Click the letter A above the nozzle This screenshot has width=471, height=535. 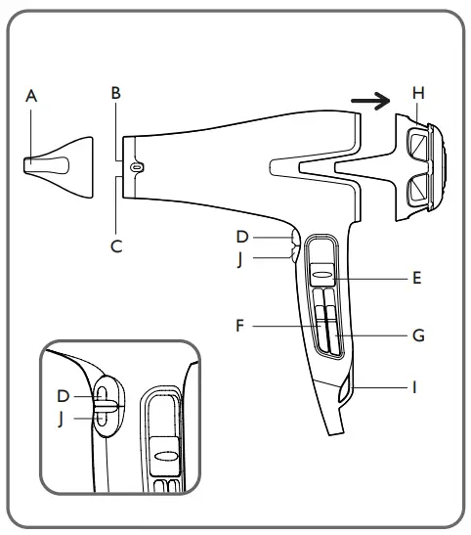(x=31, y=96)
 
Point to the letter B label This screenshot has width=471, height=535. (x=115, y=94)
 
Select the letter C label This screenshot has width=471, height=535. (x=116, y=246)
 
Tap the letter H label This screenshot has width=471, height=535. (x=418, y=92)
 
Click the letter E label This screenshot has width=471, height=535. (x=416, y=278)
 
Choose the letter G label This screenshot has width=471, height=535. (x=417, y=334)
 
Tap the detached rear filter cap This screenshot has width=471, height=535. (x=421, y=160)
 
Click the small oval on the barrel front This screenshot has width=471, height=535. (x=137, y=167)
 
